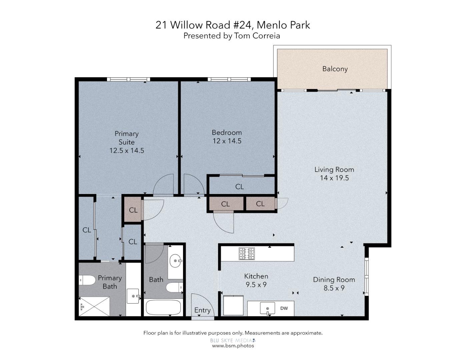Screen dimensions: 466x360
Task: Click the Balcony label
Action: pyautogui.click(x=335, y=69)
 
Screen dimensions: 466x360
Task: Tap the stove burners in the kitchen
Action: pyautogui.click(x=246, y=254)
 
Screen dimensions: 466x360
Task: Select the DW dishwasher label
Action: pyautogui.click(x=284, y=308)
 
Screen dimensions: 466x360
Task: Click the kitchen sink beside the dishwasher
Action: pyautogui.click(x=267, y=308)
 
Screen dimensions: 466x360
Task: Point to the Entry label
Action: pyautogui.click(x=202, y=310)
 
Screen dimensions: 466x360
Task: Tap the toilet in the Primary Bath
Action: pyautogui.click(x=87, y=280)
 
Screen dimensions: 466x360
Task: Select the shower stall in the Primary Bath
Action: pyautogui.click(x=94, y=306)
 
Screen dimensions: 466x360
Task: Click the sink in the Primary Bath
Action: pyautogui.click(x=133, y=296)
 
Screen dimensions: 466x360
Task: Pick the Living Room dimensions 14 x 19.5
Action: pyautogui.click(x=334, y=178)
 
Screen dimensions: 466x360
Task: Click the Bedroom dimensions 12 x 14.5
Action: pyautogui.click(x=227, y=141)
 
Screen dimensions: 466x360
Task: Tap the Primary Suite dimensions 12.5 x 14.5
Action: pyautogui.click(x=127, y=151)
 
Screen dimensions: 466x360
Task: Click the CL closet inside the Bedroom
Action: pyautogui.click(x=239, y=187)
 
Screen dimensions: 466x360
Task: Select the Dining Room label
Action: pyautogui.click(x=334, y=280)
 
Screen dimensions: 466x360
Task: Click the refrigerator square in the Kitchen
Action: pyautogui.click(x=233, y=305)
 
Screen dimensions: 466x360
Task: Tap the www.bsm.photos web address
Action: pyautogui.click(x=233, y=346)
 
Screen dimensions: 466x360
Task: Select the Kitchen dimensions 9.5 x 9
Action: pyautogui.click(x=256, y=285)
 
